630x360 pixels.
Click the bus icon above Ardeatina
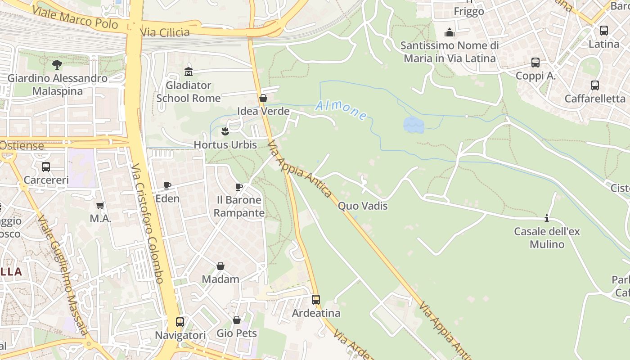316,299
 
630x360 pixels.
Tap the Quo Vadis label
362,206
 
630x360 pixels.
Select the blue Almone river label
341,110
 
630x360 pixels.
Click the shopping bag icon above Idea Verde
263,98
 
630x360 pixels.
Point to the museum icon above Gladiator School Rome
189,72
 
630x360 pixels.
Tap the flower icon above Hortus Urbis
225,131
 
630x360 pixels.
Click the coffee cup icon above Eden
167,185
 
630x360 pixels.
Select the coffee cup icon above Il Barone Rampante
239,187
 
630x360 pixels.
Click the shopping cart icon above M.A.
100,205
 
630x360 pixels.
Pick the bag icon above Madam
220,266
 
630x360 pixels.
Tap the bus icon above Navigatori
180,322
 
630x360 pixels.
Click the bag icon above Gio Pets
237,320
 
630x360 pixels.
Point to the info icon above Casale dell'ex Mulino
547,218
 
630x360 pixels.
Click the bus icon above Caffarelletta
595,85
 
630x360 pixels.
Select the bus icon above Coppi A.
535,63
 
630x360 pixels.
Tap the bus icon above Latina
604,31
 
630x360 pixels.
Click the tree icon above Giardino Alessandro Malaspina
57,65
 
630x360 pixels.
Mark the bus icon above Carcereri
46,167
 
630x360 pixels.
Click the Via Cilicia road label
165,32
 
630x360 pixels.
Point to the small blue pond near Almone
414,125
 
